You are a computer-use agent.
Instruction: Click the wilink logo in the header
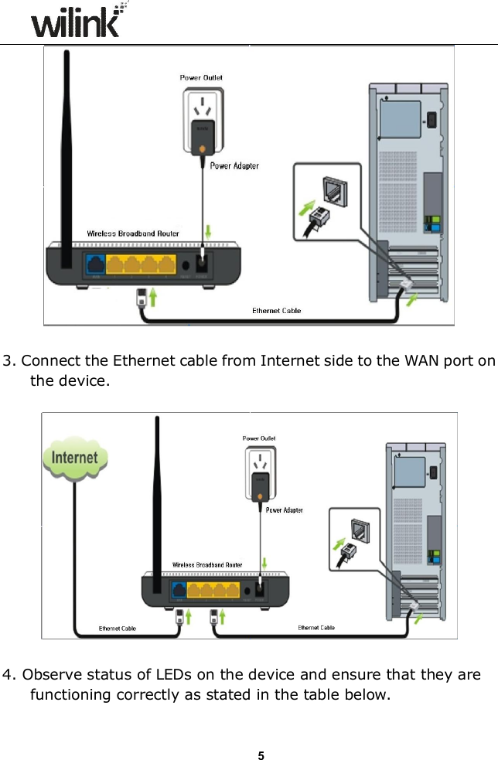point(77,22)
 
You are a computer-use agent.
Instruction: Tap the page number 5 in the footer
point(261,734)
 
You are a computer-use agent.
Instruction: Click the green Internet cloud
point(74,458)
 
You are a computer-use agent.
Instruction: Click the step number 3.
point(8,361)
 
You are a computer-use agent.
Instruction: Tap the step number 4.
point(8,675)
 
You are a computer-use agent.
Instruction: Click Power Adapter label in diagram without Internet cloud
point(234,165)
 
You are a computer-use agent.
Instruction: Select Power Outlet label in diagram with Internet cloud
point(259,438)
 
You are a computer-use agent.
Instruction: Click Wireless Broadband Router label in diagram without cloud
point(132,233)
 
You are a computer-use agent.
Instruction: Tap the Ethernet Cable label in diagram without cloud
point(277,310)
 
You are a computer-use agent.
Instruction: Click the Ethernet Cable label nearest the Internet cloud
point(118,629)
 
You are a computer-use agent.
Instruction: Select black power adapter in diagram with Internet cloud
point(258,488)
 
